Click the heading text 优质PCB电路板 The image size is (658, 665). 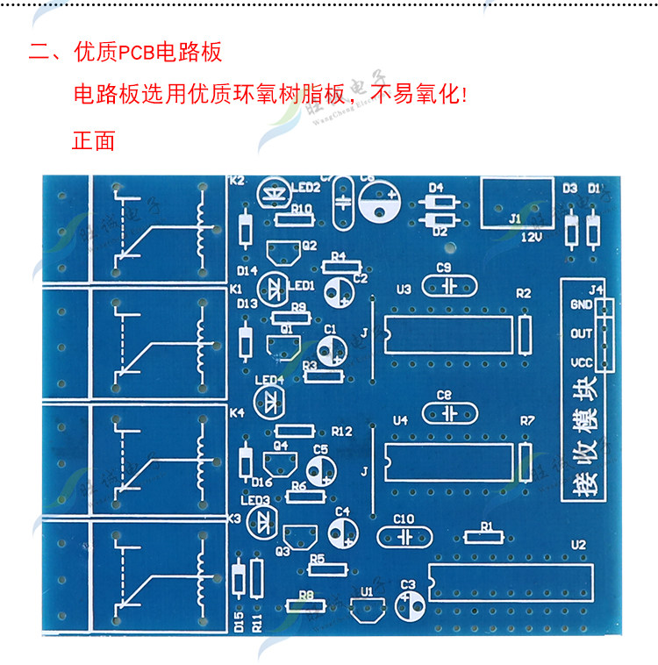[148, 52]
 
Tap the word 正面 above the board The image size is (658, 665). [93, 140]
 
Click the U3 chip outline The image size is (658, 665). [448, 332]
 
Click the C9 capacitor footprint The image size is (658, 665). [448, 286]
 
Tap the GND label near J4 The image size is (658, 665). [581, 305]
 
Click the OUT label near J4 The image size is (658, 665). [581, 334]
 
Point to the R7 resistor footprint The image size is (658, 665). [526, 463]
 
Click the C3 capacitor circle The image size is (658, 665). [409, 604]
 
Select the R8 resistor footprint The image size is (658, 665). [307, 605]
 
